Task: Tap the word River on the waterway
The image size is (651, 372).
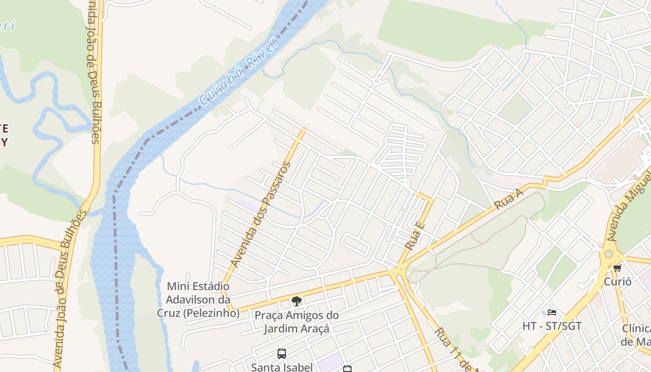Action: (x=261, y=53)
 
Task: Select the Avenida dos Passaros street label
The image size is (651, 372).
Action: (x=261, y=215)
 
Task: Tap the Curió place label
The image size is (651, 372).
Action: (x=618, y=281)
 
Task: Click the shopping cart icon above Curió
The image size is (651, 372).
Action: (x=618, y=268)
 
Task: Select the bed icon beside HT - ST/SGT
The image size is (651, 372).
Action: (x=552, y=312)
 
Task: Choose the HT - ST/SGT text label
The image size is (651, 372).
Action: (x=552, y=326)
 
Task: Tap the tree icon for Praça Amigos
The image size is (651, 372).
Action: (x=296, y=301)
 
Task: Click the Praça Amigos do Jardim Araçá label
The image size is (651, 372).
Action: (x=296, y=322)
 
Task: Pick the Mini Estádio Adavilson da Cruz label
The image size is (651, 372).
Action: (x=198, y=299)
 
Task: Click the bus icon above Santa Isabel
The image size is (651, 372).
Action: (x=282, y=354)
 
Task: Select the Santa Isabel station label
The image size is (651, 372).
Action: (x=282, y=367)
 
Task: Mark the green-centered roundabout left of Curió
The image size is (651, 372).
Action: (x=608, y=254)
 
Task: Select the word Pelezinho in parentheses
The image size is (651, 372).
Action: (x=212, y=313)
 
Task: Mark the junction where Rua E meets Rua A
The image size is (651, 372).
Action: (x=399, y=268)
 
